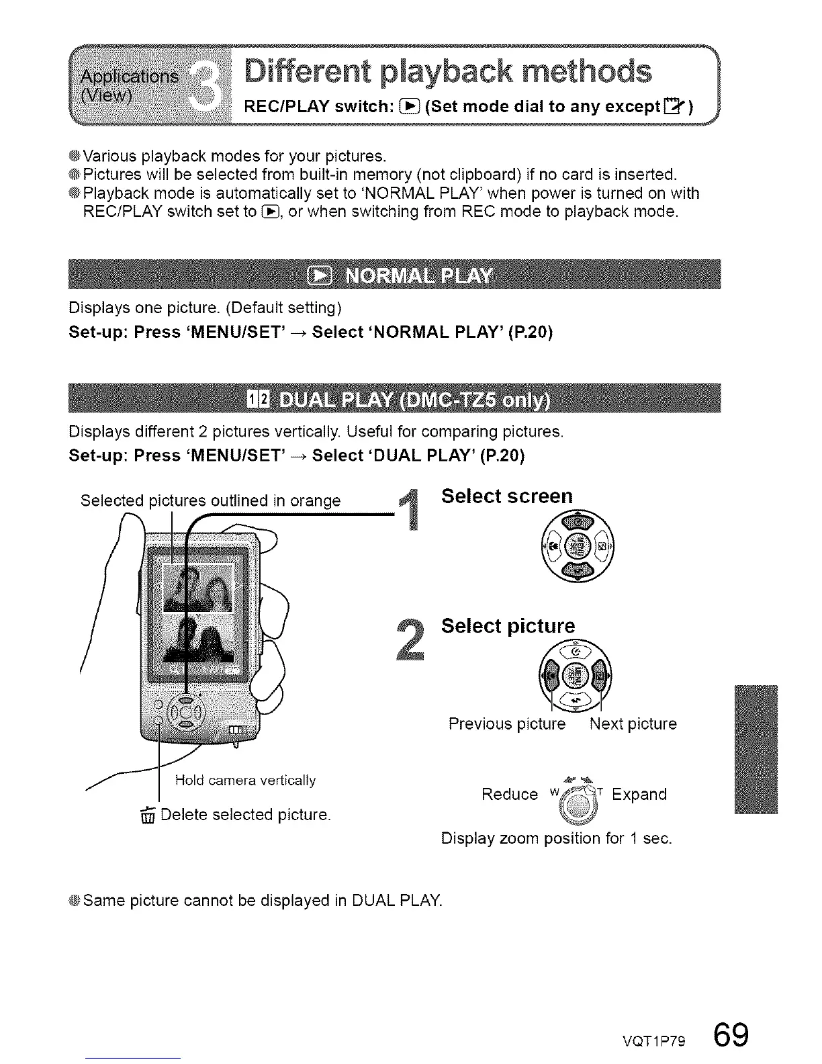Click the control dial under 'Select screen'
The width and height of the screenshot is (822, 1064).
point(577,547)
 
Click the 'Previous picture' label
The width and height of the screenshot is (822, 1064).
point(507,724)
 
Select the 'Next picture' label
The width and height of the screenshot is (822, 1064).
point(633,724)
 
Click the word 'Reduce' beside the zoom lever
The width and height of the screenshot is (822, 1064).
point(510,795)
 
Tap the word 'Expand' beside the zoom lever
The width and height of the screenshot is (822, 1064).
point(639,795)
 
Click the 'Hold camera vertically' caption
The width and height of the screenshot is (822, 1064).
point(245,780)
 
